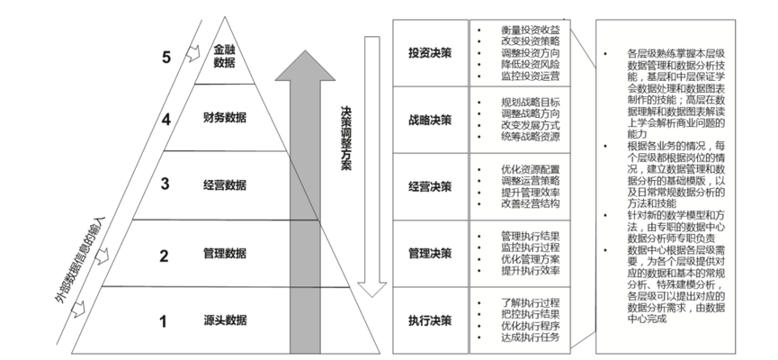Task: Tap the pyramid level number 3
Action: (x=165, y=185)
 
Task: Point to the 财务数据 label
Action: (x=225, y=118)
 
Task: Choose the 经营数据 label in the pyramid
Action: (x=225, y=185)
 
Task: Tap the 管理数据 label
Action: (x=225, y=255)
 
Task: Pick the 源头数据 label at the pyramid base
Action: (x=225, y=320)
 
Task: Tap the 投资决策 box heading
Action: (x=430, y=52)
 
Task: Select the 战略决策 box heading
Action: (x=430, y=121)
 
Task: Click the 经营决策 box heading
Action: (x=430, y=188)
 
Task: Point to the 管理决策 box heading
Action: (x=430, y=255)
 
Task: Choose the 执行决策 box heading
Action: (x=430, y=320)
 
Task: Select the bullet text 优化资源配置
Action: (x=532, y=168)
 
